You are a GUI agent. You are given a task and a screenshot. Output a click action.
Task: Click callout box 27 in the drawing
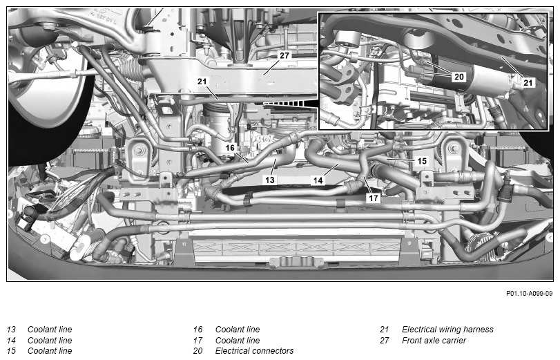284,55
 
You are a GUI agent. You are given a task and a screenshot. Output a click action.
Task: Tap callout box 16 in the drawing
230,148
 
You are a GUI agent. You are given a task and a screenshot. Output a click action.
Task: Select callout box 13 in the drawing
270,180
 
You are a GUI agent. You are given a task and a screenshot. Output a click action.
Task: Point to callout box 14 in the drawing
318,180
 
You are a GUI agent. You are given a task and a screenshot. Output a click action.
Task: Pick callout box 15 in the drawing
422,161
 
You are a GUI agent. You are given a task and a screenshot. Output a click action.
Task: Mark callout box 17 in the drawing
373,198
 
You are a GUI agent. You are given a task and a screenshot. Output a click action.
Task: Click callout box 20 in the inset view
459,77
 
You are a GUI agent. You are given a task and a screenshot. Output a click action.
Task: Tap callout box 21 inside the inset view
528,83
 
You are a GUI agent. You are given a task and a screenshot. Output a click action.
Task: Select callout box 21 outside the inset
202,82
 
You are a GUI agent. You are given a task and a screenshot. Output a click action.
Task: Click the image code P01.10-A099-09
530,294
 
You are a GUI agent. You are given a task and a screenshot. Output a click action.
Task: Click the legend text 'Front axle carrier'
434,341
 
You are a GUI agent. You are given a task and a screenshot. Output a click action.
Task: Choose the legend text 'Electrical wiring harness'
448,330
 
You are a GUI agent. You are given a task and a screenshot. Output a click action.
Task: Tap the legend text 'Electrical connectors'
254,351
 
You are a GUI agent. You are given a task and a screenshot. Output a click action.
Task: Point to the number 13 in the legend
12,330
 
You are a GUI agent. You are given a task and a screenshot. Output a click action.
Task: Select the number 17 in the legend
198,341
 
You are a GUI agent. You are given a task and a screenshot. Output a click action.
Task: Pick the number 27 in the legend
385,341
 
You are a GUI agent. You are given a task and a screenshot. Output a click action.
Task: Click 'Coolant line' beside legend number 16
238,330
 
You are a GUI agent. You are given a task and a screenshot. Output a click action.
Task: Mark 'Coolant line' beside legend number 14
50,341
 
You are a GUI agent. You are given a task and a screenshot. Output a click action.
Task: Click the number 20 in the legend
198,351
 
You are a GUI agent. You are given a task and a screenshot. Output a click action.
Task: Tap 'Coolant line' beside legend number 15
50,351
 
